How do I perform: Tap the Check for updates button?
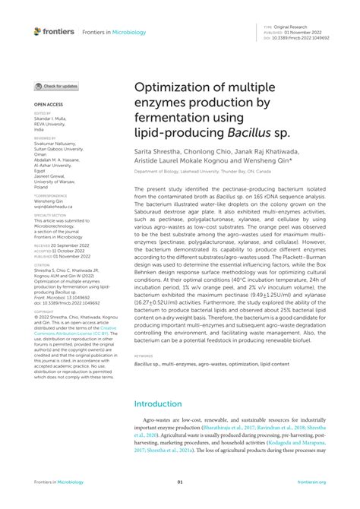(x=56, y=87)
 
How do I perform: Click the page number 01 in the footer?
(x=180, y=482)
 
